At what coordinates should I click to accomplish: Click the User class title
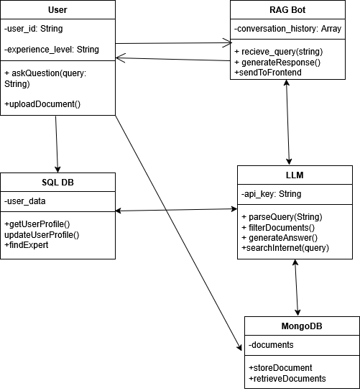point(57,10)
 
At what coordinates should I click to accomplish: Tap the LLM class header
point(295,175)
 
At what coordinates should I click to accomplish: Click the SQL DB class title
point(57,183)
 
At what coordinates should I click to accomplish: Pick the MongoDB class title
point(302,326)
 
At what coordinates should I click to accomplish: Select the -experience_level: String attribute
point(51,50)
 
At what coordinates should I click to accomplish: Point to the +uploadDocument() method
point(42,104)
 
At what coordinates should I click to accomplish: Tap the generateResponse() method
point(277,62)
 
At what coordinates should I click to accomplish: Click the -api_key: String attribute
point(271,194)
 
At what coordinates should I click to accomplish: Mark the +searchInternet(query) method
point(285,247)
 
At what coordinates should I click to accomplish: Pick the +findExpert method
point(27,245)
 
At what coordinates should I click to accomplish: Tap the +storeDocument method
point(281,368)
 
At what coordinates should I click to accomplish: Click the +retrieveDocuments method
point(287,378)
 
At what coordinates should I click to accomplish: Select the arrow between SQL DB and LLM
point(176,210)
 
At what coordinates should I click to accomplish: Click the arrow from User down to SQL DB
point(56,144)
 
